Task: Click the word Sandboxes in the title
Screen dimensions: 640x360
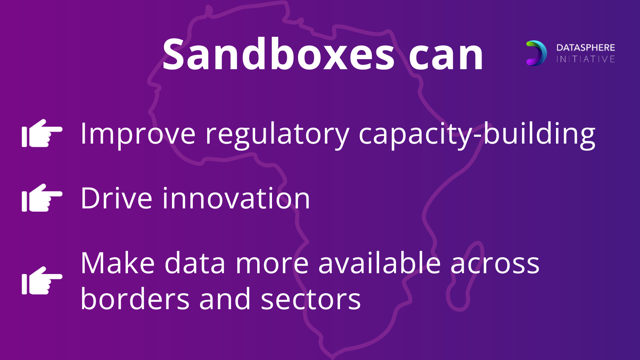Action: [x=278, y=54]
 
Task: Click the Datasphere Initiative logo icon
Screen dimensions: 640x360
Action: [x=536, y=53]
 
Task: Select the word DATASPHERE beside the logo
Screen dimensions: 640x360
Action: [x=586, y=48]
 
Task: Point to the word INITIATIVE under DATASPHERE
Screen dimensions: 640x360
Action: [x=586, y=59]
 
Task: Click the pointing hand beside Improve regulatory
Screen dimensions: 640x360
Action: [x=42, y=133]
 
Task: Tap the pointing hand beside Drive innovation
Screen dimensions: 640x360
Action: [x=42, y=198]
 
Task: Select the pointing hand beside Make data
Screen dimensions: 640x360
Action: [x=42, y=280]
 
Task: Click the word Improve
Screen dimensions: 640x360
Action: [x=138, y=134]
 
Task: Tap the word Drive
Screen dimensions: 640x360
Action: [x=116, y=198]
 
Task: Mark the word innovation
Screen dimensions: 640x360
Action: [x=236, y=198]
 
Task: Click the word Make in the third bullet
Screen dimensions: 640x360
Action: [x=118, y=263]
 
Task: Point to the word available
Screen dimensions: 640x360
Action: [x=380, y=262]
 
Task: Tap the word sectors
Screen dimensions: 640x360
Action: [x=311, y=300]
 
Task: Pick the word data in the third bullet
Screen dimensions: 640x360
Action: [x=195, y=262]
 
